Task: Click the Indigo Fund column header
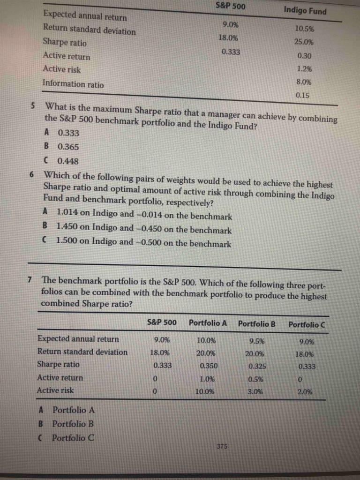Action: tap(305, 11)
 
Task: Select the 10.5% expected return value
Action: tap(305, 29)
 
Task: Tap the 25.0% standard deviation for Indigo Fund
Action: tap(304, 42)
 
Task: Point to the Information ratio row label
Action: tap(73, 84)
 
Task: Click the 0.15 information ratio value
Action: tap(303, 95)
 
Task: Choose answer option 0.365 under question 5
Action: tap(68, 147)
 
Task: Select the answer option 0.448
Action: tap(68, 161)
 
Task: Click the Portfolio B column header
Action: tap(256, 323)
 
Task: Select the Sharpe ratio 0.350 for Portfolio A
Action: tap(208, 365)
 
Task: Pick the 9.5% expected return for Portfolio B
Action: tap(256, 341)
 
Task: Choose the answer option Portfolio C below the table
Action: tap(73, 438)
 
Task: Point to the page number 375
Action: tap(223, 447)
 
